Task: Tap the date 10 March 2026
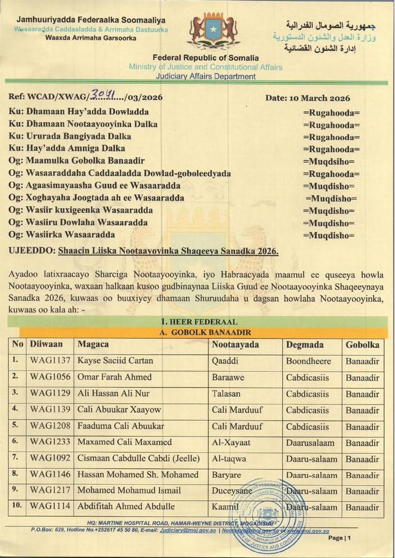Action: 308,98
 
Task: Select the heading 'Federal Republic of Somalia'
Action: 206,58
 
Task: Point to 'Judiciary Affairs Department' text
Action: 206,76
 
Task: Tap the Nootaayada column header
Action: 236,345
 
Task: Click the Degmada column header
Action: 305,345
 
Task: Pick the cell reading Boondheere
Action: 309,361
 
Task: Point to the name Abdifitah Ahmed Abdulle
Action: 126,506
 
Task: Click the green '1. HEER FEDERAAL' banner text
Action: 199,322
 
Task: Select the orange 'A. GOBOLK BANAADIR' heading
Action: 199,332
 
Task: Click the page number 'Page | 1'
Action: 340,538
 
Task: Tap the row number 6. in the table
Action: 16,442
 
